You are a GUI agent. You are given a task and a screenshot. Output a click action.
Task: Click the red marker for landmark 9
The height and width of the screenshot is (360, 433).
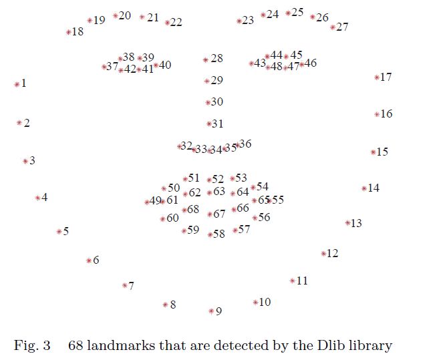tap(211, 311)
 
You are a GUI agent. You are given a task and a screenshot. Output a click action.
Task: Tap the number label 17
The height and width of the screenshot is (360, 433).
tap(386, 77)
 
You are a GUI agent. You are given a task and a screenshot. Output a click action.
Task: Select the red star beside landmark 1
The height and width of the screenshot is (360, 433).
tap(17, 84)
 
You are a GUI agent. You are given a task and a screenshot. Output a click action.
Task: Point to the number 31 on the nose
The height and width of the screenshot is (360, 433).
tap(217, 124)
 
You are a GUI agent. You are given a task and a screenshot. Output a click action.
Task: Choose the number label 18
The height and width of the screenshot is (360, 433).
tap(78, 31)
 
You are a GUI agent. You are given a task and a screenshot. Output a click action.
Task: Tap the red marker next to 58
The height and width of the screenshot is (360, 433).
tap(209, 234)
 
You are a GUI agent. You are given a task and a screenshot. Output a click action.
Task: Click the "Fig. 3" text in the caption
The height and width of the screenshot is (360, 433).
tap(32, 345)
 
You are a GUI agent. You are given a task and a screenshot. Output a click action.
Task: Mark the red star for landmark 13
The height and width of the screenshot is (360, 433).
tap(347, 223)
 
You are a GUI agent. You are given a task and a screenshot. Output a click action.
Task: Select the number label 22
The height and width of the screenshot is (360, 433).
tap(176, 22)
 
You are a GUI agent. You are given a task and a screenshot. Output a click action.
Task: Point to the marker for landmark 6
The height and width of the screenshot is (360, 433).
tap(88, 260)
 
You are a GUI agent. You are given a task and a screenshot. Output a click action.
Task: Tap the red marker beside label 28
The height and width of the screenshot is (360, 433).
tap(206, 60)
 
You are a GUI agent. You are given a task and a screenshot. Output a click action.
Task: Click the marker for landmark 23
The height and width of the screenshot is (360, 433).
tap(239, 21)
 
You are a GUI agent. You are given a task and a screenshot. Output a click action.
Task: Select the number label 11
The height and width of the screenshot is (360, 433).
tap(303, 281)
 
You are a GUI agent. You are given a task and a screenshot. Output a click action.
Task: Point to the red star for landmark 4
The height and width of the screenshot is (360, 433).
tap(37, 198)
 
